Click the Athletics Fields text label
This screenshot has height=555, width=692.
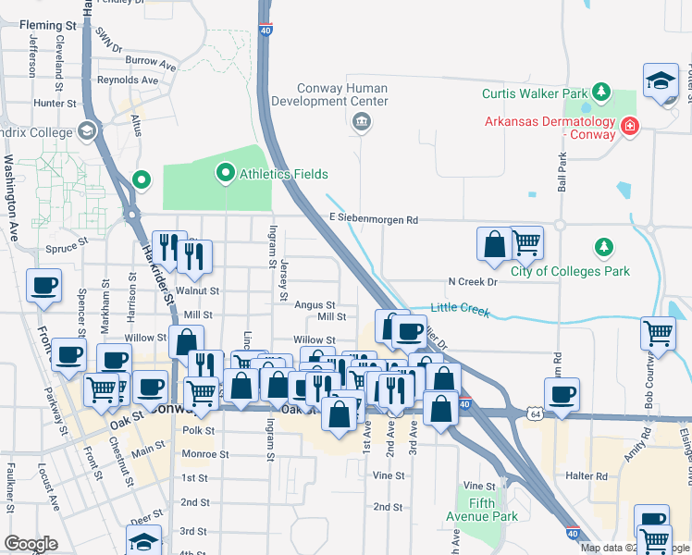(x=284, y=174)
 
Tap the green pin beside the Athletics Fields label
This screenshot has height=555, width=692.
(x=225, y=173)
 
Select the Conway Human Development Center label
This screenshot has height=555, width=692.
(x=341, y=94)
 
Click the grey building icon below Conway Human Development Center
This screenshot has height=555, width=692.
(x=361, y=121)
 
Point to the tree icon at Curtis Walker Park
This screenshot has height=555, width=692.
(x=602, y=92)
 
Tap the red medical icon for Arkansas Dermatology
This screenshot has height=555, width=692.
(x=630, y=125)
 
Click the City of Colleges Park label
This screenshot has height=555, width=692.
(x=571, y=271)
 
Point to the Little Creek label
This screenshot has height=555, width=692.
(x=460, y=310)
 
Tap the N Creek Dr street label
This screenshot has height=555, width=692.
(x=473, y=281)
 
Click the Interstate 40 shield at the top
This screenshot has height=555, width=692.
(x=266, y=31)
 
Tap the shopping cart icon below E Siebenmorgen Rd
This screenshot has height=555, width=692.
(x=526, y=243)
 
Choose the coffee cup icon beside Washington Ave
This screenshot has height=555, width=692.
(x=43, y=286)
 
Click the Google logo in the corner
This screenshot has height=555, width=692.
(x=31, y=544)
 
